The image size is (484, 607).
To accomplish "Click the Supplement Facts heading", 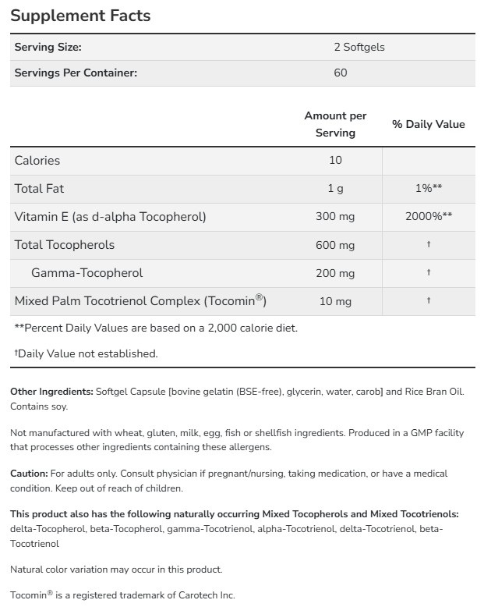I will click(x=80, y=16).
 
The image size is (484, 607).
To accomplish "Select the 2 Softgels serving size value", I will click(x=359, y=47).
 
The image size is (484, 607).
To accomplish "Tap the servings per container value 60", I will click(x=340, y=73).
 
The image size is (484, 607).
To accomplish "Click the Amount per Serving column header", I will click(x=335, y=124).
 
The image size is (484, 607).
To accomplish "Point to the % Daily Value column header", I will click(x=428, y=124).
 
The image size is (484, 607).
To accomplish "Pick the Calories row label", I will click(x=37, y=161).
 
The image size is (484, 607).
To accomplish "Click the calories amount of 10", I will click(x=335, y=161).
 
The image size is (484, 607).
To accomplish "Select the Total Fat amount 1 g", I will click(x=335, y=189).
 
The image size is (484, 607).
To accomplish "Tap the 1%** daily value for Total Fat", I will click(x=428, y=189).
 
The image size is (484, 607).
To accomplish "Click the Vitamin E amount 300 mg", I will click(x=335, y=217).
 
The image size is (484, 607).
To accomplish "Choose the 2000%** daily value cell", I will click(x=428, y=217).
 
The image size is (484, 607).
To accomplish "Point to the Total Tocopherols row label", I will click(x=65, y=245).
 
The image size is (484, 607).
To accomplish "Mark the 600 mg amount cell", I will click(x=335, y=245).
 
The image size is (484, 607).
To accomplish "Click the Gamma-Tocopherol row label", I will click(x=87, y=273).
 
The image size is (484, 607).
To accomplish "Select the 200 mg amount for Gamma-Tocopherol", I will click(x=335, y=273).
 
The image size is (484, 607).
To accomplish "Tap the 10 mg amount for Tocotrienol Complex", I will click(x=335, y=301).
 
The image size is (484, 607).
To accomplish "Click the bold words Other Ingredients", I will click(x=51, y=391).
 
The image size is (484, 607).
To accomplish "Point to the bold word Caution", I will click(x=29, y=474).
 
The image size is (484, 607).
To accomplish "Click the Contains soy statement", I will click(x=39, y=406).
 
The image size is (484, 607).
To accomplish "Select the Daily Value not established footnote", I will click(x=87, y=353).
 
